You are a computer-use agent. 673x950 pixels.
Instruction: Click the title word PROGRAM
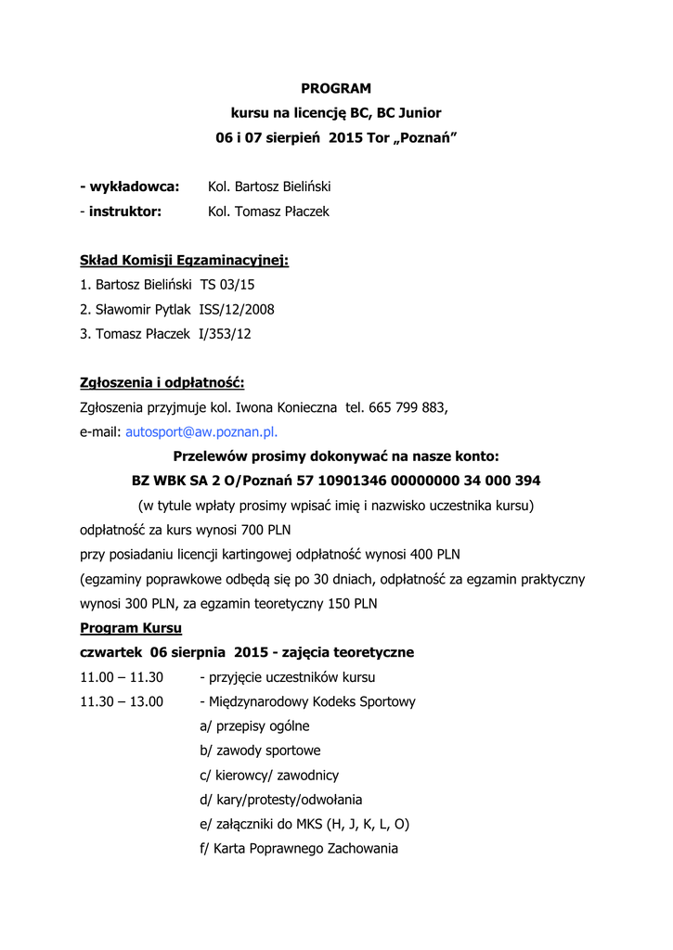[x=336, y=88]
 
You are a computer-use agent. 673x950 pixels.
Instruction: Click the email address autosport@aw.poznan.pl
[x=201, y=431]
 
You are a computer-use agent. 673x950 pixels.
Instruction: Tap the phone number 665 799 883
[x=408, y=406]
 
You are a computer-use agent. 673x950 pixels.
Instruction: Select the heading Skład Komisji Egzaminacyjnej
[x=185, y=260]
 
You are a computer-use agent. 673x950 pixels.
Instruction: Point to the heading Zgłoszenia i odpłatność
[x=162, y=382]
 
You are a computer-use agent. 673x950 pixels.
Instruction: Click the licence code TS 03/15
[x=227, y=285]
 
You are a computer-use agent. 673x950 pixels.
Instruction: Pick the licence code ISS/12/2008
[x=237, y=309]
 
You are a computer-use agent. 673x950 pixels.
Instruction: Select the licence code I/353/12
[x=225, y=333]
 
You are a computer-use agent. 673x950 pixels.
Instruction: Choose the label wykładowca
[x=134, y=186]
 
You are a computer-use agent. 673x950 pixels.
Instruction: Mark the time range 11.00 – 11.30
[x=122, y=676]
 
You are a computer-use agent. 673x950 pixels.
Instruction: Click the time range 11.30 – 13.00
[x=122, y=701]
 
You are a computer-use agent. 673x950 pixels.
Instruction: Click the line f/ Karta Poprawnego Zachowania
[x=298, y=848]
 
